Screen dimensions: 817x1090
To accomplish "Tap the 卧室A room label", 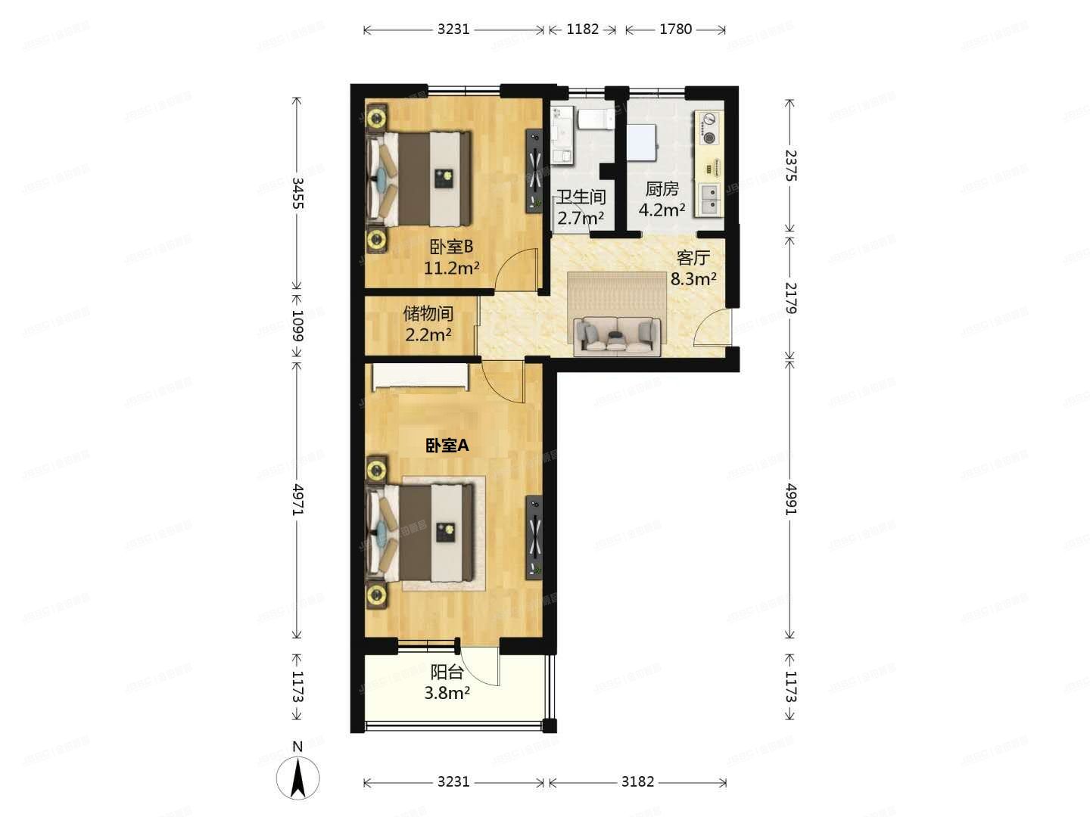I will (x=447, y=446).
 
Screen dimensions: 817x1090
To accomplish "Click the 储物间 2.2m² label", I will (x=428, y=323).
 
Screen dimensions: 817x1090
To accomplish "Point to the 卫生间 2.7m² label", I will (x=581, y=207).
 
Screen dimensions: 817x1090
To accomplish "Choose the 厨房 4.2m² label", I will (x=662, y=199).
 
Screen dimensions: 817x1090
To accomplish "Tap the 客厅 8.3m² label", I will (x=693, y=268).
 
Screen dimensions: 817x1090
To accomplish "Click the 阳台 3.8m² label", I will (x=447, y=682).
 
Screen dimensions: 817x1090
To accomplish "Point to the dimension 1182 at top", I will (x=582, y=30).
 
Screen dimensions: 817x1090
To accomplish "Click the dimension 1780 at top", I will (x=675, y=30).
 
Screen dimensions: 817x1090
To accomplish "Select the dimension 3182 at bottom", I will (x=637, y=781).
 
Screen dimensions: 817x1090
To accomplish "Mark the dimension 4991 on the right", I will (x=790, y=499).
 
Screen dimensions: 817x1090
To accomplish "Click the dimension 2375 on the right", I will (x=790, y=165).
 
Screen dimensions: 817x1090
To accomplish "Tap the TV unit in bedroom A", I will (x=534, y=537).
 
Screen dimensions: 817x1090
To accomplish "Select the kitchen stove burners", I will (x=709, y=128).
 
